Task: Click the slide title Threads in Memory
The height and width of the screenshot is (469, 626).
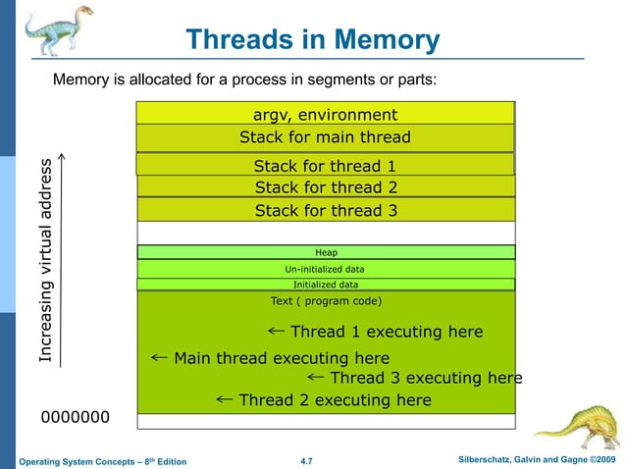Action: [312, 40]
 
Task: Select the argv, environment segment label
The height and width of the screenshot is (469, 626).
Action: [325, 115]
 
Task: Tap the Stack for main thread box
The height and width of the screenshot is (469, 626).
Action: [325, 137]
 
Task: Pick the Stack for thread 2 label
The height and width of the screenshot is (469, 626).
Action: [325, 187]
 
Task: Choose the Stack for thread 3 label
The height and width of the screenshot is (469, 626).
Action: [325, 210]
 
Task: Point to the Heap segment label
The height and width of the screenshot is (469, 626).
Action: [326, 252]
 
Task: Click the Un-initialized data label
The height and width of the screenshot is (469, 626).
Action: [325, 269]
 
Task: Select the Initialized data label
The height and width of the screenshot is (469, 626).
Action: [325, 285]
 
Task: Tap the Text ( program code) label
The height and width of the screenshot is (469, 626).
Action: [325, 301]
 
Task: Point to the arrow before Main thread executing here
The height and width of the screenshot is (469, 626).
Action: [160, 358]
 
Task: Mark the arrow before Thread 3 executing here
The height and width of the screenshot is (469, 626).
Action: [315, 377]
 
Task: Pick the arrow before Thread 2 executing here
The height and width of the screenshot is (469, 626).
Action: [223, 399]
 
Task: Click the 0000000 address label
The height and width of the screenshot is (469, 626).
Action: [75, 419]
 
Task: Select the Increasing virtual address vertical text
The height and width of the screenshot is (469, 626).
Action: [46, 261]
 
